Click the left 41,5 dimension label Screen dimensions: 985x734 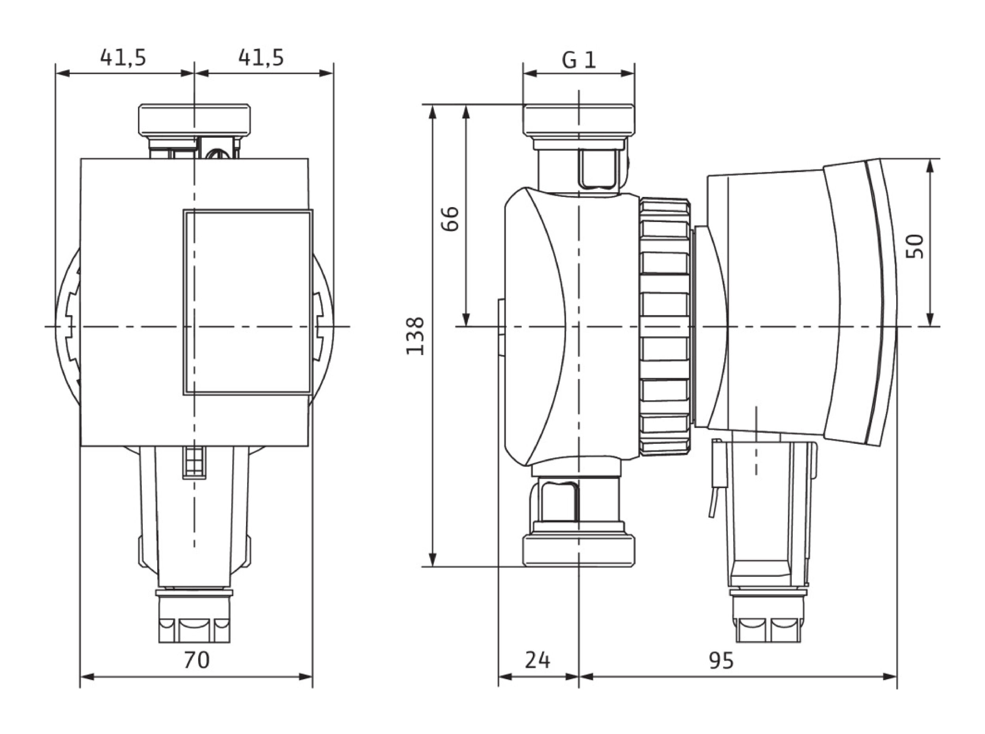pos(123,57)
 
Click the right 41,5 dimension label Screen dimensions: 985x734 pos(261,57)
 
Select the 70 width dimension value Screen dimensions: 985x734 pos(197,660)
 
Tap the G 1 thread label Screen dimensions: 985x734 pos(579,60)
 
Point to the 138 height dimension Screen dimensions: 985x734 pos(416,336)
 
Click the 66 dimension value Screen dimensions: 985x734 pos(450,218)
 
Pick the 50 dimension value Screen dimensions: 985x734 pos(915,246)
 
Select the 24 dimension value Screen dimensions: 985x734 pos(537,660)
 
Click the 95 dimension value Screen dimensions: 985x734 pos(721,660)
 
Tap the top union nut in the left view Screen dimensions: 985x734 pos(194,120)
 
